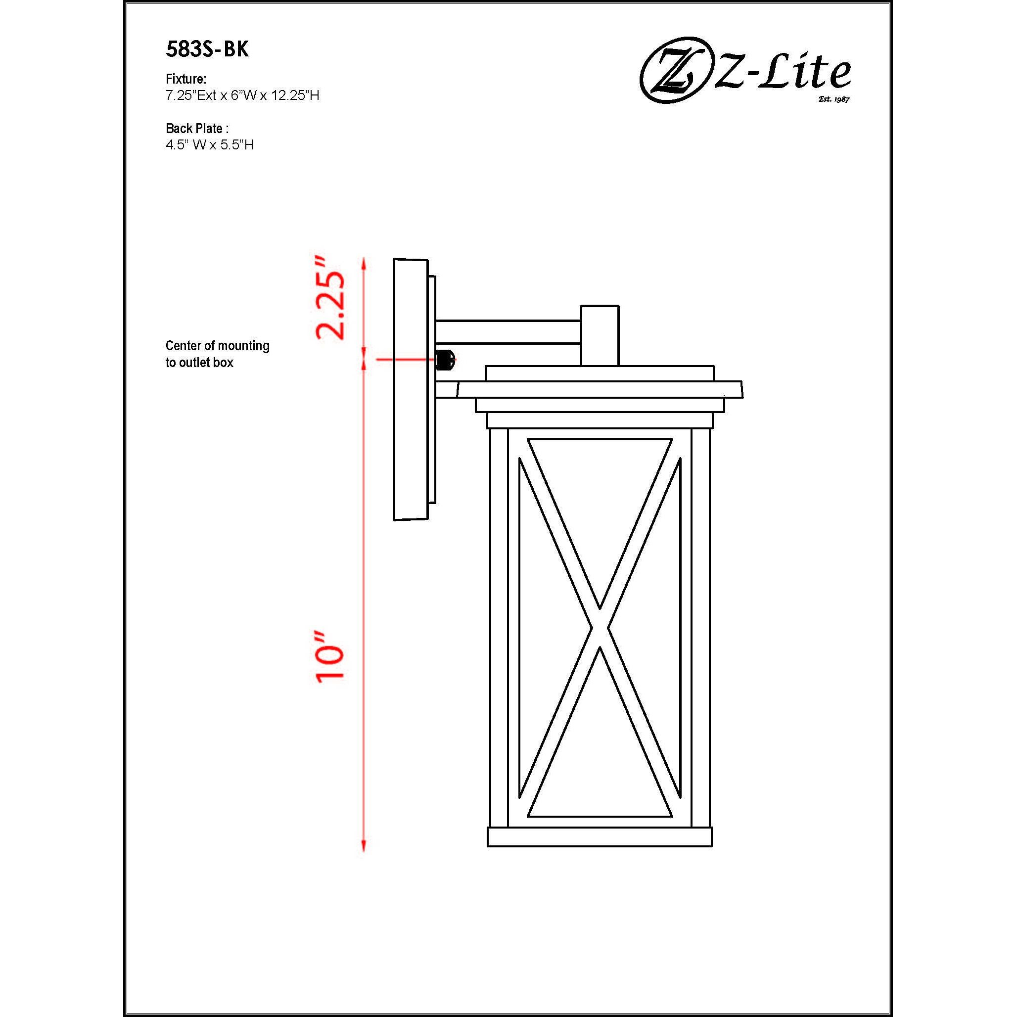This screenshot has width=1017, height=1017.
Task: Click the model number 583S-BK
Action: [x=207, y=49]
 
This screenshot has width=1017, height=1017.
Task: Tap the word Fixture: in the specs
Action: [x=186, y=79]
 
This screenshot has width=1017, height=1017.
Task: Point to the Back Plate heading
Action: [x=197, y=129]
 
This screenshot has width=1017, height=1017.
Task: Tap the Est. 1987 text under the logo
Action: [x=834, y=99]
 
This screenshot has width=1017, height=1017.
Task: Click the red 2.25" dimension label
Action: [x=330, y=298]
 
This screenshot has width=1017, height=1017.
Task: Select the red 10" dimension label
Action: [x=330, y=658]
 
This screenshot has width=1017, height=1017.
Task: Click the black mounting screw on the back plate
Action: [x=445, y=360]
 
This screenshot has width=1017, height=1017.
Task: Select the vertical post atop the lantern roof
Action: [x=600, y=335]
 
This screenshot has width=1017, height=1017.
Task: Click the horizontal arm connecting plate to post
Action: [x=508, y=331]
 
